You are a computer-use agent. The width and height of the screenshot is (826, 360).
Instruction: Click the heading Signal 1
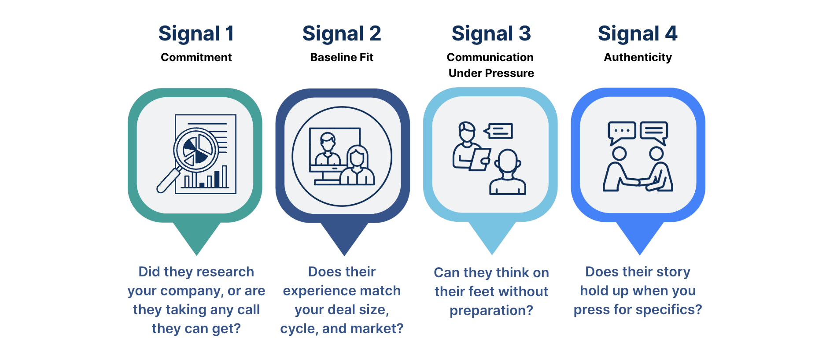click(196, 34)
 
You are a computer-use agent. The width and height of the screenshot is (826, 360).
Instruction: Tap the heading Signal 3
click(491, 34)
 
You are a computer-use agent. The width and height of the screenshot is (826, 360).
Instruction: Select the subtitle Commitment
click(196, 57)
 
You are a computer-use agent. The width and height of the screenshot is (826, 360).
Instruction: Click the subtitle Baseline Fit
click(342, 57)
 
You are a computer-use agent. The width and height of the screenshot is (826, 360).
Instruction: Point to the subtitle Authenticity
click(638, 58)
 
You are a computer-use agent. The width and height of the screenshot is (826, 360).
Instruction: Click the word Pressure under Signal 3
click(511, 73)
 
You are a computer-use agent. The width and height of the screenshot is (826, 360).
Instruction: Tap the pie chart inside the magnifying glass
click(195, 150)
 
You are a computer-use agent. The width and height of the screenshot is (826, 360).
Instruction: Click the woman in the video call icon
click(357, 166)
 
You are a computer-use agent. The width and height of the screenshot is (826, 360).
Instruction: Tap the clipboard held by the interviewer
click(480, 159)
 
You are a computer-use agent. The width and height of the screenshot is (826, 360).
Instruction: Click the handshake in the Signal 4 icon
click(638, 182)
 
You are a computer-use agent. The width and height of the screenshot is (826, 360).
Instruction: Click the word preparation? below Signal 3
click(491, 311)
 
